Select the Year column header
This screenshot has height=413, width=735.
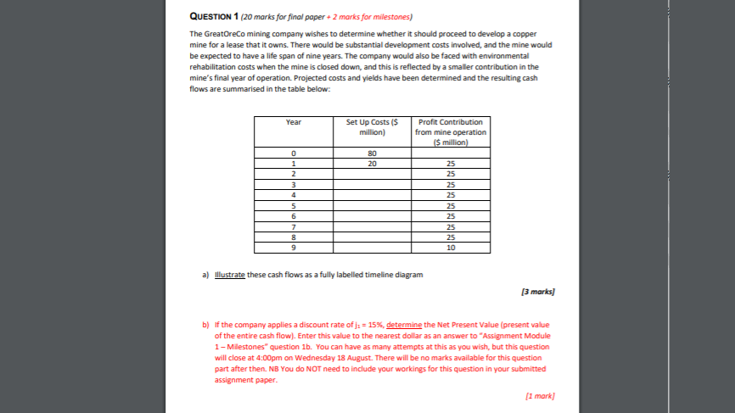click(293, 123)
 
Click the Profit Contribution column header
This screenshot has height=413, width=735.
click(451, 132)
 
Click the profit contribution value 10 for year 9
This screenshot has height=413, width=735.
click(451, 248)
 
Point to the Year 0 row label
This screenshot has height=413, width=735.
click(293, 153)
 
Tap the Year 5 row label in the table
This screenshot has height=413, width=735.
click(293, 205)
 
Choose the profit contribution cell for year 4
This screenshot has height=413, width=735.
click(451, 195)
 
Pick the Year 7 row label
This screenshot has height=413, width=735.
click(293, 226)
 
